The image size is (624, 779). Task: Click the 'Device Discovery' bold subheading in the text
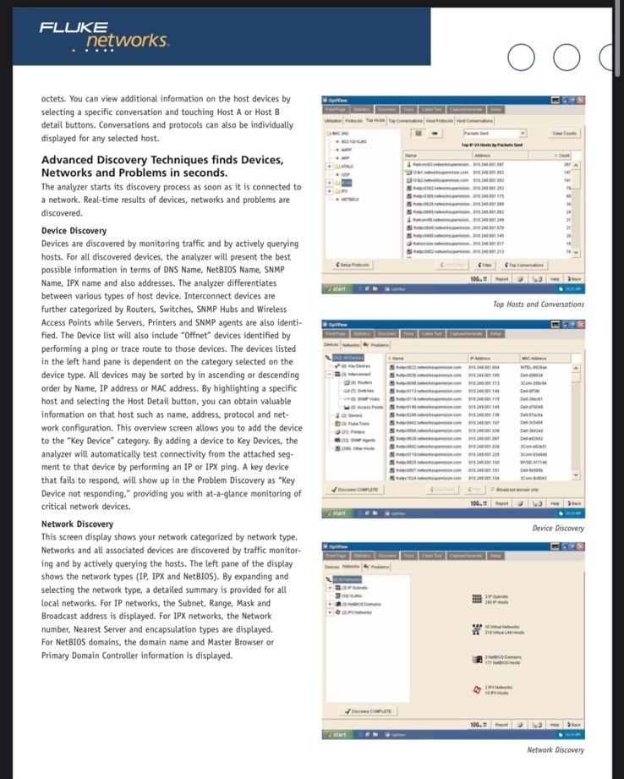click(74, 231)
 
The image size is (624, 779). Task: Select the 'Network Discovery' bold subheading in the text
click(77, 524)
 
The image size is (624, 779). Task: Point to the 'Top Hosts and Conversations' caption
click(538, 304)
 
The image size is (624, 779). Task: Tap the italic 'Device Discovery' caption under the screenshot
click(557, 529)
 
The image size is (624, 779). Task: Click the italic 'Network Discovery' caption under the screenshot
click(555, 749)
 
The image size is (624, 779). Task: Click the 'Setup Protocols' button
click(355, 265)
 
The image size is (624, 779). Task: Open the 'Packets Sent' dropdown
click(494, 134)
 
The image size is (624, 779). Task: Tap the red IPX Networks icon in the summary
click(478, 690)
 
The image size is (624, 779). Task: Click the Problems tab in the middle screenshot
click(378, 344)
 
